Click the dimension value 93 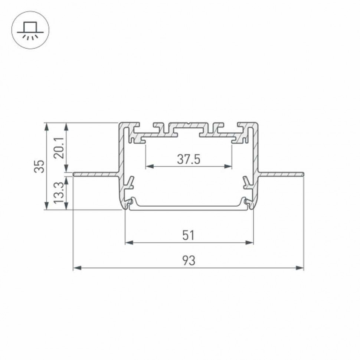tap(189, 261)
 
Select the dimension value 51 tap(189, 235)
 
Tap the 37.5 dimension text tap(189, 160)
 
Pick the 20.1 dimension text tap(59, 147)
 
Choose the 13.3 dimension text tap(59, 193)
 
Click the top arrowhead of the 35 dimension tap(46, 126)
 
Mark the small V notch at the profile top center tap(189, 124)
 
